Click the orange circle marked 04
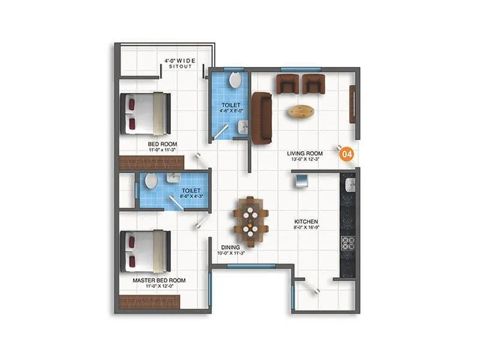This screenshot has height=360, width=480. point(346,154)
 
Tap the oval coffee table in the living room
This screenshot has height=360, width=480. point(300,111)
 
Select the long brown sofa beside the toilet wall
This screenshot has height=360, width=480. point(261,118)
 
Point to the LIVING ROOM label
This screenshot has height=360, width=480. point(305,154)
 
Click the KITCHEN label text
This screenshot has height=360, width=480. point(305,222)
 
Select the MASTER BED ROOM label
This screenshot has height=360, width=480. point(159,280)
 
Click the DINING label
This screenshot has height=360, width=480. point(230,247)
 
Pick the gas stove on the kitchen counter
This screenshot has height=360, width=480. point(348,243)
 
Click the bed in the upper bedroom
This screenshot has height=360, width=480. point(146,113)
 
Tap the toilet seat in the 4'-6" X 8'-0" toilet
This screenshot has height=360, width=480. point(236,80)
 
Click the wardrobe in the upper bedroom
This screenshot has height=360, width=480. point(151,162)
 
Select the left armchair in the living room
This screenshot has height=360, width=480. point(287,84)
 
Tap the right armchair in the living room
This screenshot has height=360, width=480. point(313,84)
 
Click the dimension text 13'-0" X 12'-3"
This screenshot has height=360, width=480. point(305,160)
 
